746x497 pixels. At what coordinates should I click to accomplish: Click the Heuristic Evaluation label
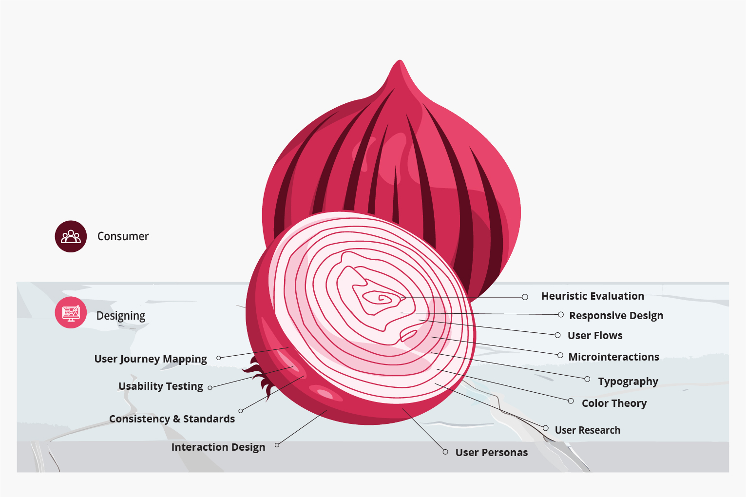[593, 296]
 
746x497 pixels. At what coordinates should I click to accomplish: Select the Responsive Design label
[616, 316]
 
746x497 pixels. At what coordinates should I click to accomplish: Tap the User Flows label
[595, 336]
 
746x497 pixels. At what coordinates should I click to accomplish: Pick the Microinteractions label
[613, 357]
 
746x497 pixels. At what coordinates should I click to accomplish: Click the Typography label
[628, 382]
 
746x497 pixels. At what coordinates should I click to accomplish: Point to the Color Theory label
[614, 403]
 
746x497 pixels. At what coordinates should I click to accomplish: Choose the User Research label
[587, 430]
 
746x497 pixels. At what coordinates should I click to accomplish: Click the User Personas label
[491, 453]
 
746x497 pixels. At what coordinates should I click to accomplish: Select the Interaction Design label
[218, 447]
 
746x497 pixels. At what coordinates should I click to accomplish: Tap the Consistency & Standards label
[172, 419]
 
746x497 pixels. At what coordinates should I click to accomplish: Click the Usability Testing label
[161, 386]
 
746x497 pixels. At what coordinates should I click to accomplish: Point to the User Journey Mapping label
[151, 359]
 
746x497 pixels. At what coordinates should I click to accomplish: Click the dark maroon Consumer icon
[71, 236]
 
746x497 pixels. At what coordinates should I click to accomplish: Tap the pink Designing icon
[71, 312]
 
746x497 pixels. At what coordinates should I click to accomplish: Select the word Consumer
[123, 236]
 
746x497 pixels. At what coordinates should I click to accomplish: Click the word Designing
[121, 316]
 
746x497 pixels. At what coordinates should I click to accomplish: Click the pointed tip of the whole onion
[400, 62]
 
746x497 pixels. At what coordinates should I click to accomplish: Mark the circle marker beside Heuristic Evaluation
[525, 297]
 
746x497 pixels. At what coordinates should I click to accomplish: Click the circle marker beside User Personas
[445, 452]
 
